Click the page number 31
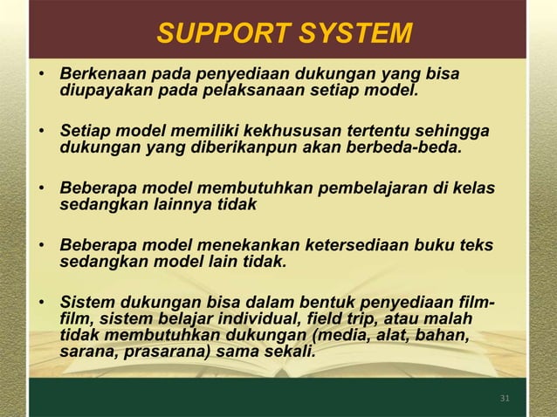[x=505, y=399]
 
